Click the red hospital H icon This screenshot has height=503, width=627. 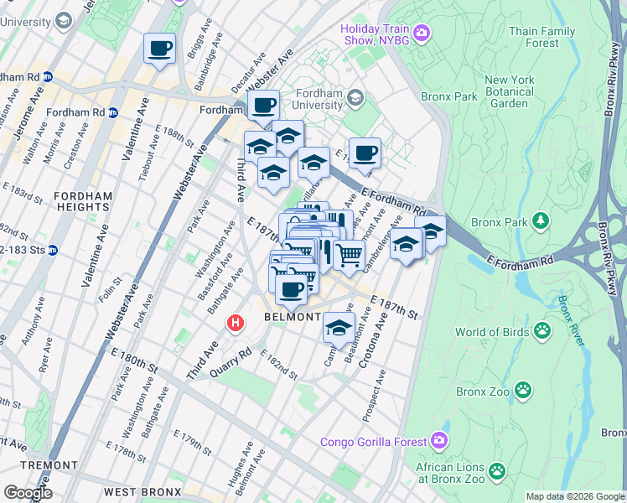236,322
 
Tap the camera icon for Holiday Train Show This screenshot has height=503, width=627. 421,34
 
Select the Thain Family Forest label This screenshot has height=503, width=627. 543,37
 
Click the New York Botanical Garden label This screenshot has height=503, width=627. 509,91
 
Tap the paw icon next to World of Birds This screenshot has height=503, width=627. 542,331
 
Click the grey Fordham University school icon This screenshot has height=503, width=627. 355,98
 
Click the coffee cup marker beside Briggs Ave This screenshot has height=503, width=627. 159,49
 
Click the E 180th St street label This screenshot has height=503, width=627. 135,361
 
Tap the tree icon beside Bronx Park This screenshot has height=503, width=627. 542,220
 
